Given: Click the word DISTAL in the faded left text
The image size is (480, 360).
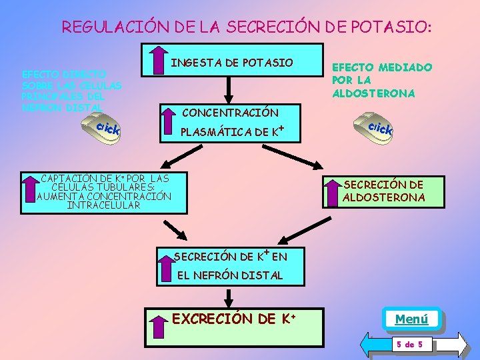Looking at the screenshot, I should click(x=84, y=107).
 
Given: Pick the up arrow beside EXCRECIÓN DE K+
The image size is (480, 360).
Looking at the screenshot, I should click(x=160, y=327).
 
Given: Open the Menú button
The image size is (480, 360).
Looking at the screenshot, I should click(x=411, y=319).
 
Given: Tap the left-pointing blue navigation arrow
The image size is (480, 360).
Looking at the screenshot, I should click(x=374, y=345).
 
